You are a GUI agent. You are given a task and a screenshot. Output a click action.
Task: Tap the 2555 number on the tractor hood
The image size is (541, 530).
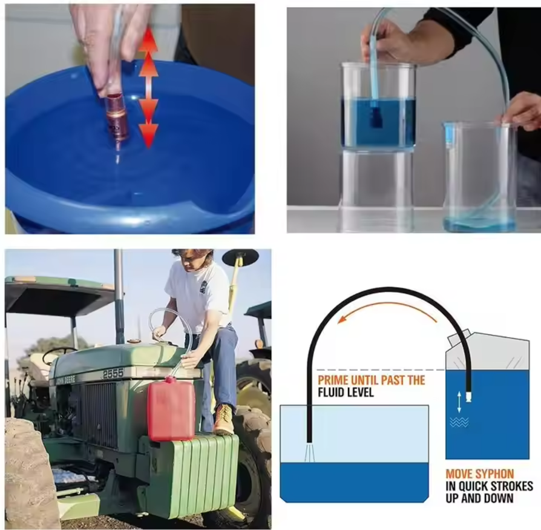(113, 374)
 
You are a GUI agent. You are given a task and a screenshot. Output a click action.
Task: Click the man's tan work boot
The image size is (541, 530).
(224, 420)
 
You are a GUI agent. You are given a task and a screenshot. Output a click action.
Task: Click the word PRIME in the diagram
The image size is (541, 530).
(333, 380)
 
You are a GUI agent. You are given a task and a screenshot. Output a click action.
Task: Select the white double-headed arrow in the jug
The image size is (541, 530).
(459, 402)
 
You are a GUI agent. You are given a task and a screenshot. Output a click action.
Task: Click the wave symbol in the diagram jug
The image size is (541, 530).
(459, 422)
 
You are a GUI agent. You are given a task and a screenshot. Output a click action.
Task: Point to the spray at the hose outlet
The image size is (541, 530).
(309, 452)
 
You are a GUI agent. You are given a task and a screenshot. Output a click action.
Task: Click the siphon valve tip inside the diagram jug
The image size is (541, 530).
(468, 397)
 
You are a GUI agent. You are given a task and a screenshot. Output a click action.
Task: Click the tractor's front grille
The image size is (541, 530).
(97, 414)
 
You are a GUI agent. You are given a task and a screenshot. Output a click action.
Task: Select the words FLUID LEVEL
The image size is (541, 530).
(346, 393)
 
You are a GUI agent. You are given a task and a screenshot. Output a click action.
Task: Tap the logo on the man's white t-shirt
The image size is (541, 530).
(203, 287)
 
